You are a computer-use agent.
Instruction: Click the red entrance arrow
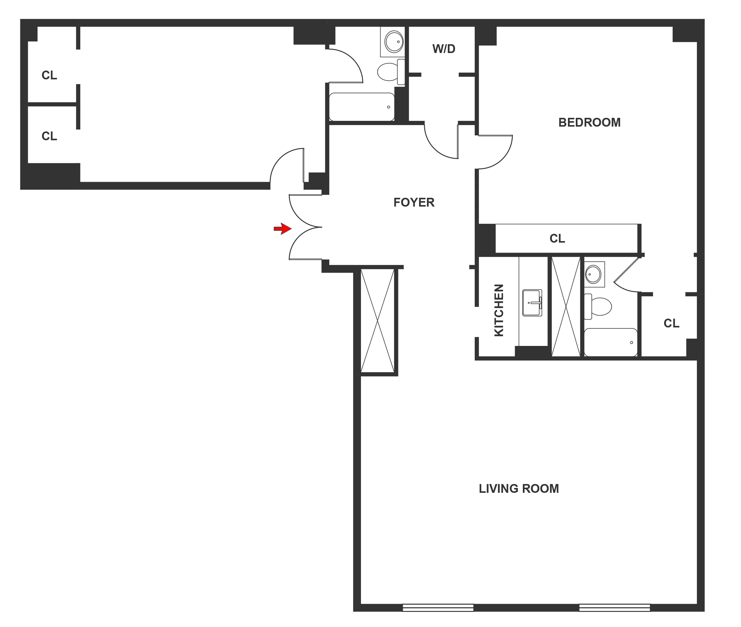(283, 229)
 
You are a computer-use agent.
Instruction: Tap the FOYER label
(414, 202)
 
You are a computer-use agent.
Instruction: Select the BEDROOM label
(589, 122)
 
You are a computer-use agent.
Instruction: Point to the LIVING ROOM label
(518, 489)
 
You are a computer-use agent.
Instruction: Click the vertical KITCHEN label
(499, 310)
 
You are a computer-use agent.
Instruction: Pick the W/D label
(444, 49)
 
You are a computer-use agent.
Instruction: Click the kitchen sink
(532, 303)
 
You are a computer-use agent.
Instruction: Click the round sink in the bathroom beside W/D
(394, 41)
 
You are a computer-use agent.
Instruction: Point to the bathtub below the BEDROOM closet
(610, 342)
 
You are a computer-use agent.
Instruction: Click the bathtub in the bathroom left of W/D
(362, 107)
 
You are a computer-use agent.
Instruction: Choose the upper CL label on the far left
(49, 75)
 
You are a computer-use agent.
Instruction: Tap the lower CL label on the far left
(49, 136)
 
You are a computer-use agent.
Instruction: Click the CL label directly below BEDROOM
(557, 238)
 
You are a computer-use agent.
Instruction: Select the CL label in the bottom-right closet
(671, 323)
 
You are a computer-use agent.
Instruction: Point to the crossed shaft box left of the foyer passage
(377, 321)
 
